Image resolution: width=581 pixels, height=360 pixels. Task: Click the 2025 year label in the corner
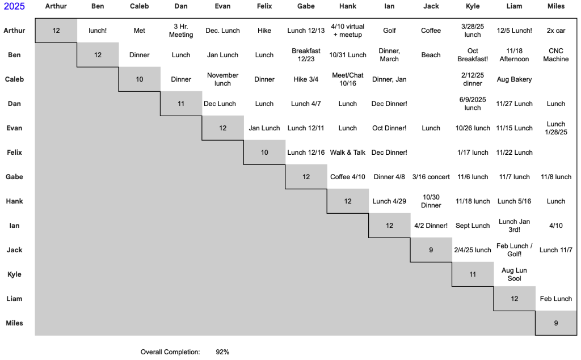click(14, 6)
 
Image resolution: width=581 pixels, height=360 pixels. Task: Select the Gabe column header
click(306, 6)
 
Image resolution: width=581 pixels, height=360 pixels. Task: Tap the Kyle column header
click(472, 6)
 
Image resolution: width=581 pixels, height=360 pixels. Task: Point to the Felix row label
click(14, 153)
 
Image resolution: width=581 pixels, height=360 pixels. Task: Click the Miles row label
click(14, 323)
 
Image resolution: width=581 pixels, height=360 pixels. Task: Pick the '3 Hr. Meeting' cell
click(181, 31)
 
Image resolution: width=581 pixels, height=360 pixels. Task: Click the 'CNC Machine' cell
click(555, 55)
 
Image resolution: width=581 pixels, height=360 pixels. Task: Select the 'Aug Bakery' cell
click(514, 79)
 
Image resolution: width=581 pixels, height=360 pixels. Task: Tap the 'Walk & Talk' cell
click(348, 153)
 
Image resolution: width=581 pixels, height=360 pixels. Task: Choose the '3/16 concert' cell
click(431, 177)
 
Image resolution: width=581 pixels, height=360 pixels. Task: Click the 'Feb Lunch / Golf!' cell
click(514, 250)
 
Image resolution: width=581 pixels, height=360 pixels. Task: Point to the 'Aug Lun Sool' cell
click(514, 274)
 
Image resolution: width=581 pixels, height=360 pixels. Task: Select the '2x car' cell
click(555, 31)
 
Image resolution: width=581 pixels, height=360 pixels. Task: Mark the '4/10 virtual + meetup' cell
click(348, 31)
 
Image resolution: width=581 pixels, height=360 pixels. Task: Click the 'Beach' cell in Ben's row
click(431, 55)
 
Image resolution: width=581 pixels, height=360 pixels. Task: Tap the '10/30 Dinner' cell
click(431, 201)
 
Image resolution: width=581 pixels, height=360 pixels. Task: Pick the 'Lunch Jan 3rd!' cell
click(514, 226)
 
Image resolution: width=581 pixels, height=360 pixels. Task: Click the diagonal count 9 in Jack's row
click(431, 250)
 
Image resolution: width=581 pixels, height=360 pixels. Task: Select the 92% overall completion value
click(222, 352)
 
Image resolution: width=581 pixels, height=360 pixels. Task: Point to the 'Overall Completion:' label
click(170, 352)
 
